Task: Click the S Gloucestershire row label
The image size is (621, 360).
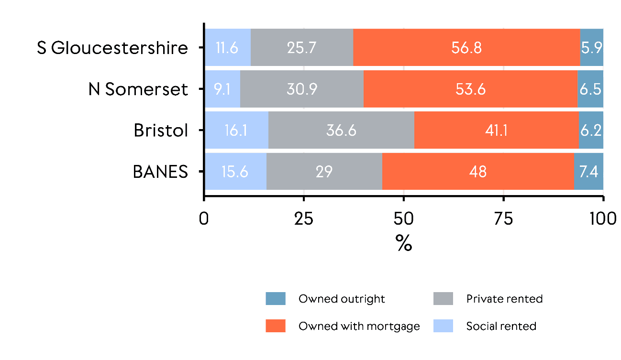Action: (112, 48)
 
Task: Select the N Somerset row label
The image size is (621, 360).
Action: (138, 89)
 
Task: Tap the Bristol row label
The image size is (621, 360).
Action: (161, 131)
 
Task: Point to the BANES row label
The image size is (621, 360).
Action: (160, 172)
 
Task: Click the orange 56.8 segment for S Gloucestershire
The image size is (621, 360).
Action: (466, 48)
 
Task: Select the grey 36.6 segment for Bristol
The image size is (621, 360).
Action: (341, 131)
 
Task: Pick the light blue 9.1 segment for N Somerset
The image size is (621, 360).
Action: (222, 89)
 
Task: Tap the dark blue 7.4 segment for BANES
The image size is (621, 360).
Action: (588, 172)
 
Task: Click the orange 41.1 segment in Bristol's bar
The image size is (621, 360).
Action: (496, 131)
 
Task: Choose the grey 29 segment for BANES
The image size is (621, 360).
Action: (324, 172)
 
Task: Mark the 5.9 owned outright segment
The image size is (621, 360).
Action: (591, 48)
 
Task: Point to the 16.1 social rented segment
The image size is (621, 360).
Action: (236, 131)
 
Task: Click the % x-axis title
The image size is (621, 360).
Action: (404, 244)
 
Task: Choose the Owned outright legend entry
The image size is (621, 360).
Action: (341, 299)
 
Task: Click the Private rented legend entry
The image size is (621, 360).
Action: (504, 299)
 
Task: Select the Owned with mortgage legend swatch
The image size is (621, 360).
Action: (276, 326)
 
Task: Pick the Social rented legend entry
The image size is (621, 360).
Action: (501, 326)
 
